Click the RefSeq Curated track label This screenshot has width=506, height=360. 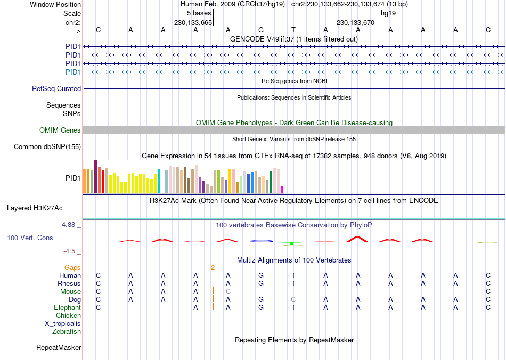tap(56, 89)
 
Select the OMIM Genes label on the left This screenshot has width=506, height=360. tap(60, 130)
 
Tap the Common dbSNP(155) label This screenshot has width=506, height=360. tap(47, 147)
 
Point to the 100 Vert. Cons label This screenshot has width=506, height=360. tap(30, 238)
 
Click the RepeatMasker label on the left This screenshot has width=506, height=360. tap(59, 348)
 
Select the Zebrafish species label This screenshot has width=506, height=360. tap(67, 332)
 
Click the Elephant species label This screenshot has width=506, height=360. tap(67, 308)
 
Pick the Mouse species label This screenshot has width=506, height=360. tap(70, 292)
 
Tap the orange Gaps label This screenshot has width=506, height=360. tap(73, 267)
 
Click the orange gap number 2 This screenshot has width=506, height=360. tap(213, 267)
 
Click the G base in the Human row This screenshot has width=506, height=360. tap(261, 276)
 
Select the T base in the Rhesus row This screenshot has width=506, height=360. tap(293, 284)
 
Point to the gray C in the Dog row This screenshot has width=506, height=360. tap(293, 300)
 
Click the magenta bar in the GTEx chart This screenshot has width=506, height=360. tap(282, 190)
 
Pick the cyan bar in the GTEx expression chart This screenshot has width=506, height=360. tap(159, 182)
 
